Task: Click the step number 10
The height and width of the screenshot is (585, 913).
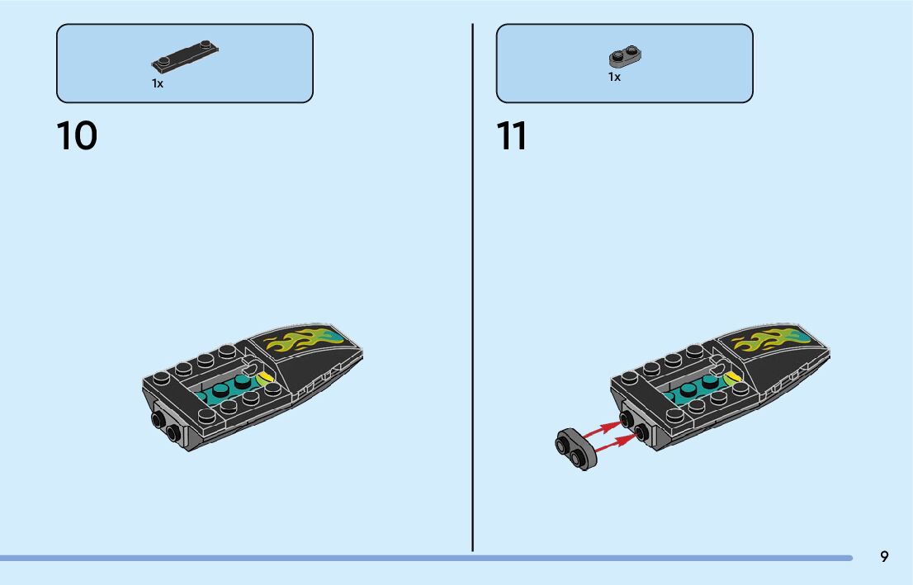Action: pos(77,136)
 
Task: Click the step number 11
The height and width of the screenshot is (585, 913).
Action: pos(512,136)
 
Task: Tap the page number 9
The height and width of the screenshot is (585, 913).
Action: pos(884,557)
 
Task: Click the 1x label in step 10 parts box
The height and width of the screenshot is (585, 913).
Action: pos(158,83)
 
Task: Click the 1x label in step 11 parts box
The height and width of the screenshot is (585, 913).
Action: pos(614,77)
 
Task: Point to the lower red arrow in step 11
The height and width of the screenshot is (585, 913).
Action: pos(614,446)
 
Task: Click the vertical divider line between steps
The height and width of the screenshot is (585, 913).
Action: pos(472,289)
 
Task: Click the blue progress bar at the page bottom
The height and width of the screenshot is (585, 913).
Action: pos(413,558)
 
